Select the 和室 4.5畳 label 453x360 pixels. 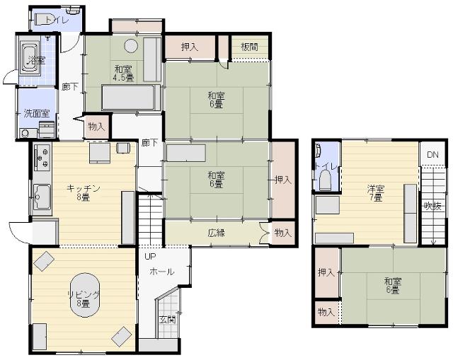click(x=122, y=73)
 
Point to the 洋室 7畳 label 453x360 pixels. click(x=375, y=193)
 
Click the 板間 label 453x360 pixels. click(x=249, y=47)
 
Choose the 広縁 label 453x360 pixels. click(x=217, y=233)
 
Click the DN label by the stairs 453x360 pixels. click(x=432, y=155)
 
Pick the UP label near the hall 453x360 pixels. click(x=150, y=257)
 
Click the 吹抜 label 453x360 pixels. click(x=432, y=206)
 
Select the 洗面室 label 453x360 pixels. click(x=36, y=113)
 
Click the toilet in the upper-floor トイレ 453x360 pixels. click(x=325, y=180)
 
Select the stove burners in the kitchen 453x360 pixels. click(x=41, y=156)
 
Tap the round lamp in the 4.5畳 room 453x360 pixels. click(x=131, y=47)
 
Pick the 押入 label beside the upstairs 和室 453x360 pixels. click(x=326, y=272)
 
